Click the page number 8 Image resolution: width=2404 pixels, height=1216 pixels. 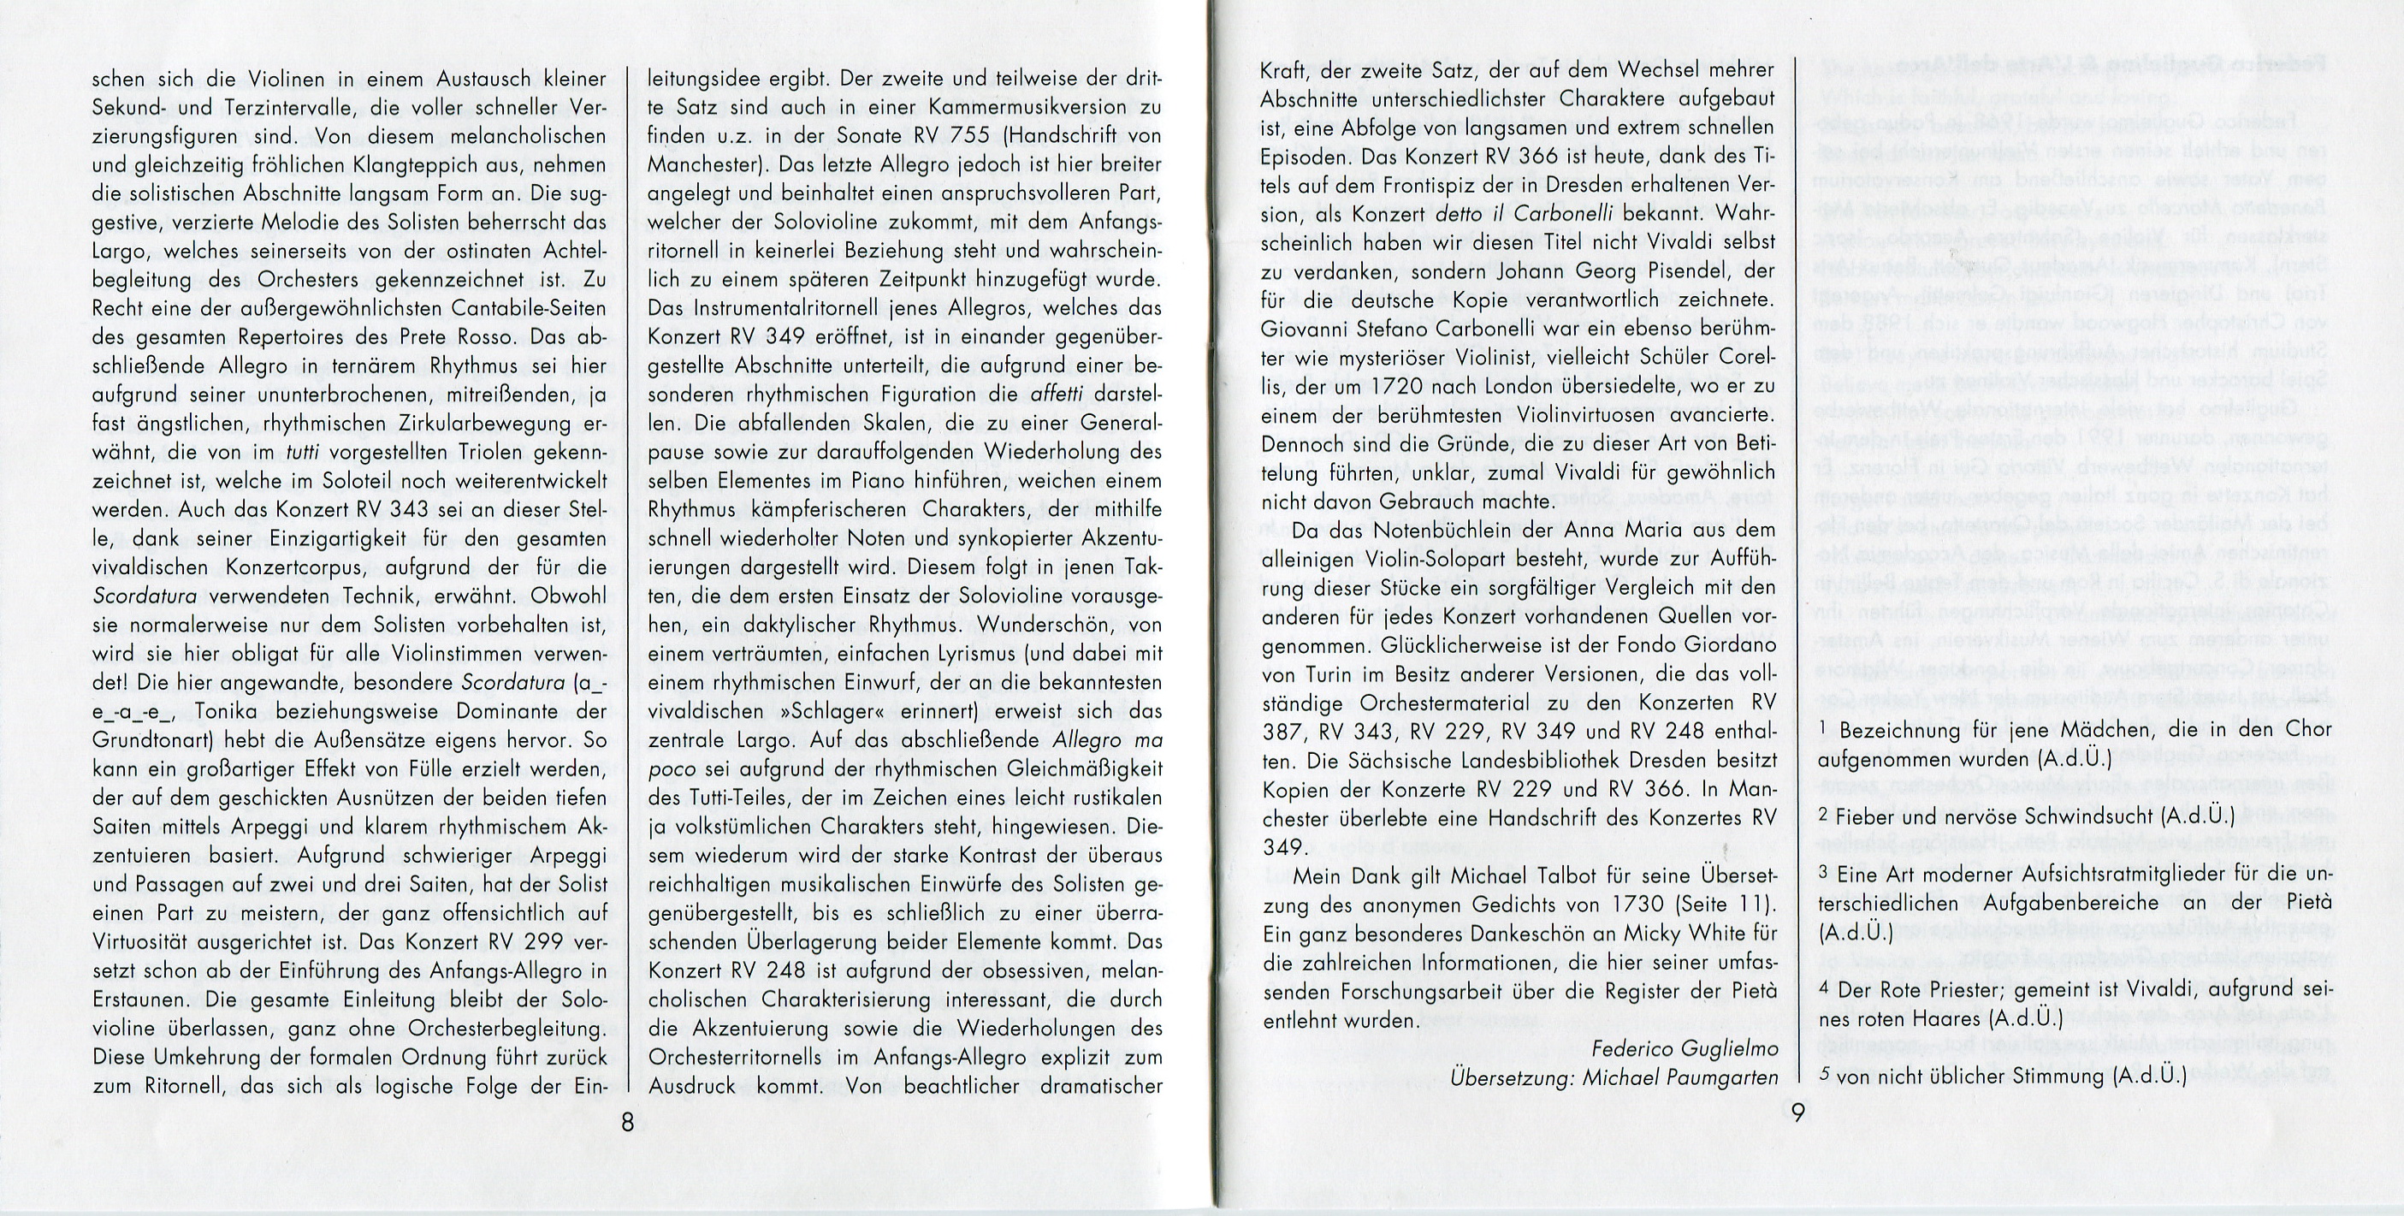pyautogui.click(x=628, y=1122)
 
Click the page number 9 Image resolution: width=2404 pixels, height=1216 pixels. pyautogui.click(x=1797, y=1112)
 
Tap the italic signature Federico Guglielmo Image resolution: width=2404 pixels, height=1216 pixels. pyautogui.click(x=1684, y=1048)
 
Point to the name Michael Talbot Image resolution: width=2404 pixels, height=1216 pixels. pyautogui.click(x=1507, y=876)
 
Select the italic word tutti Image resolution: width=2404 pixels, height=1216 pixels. pyautogui.click(x=305, y=453)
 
